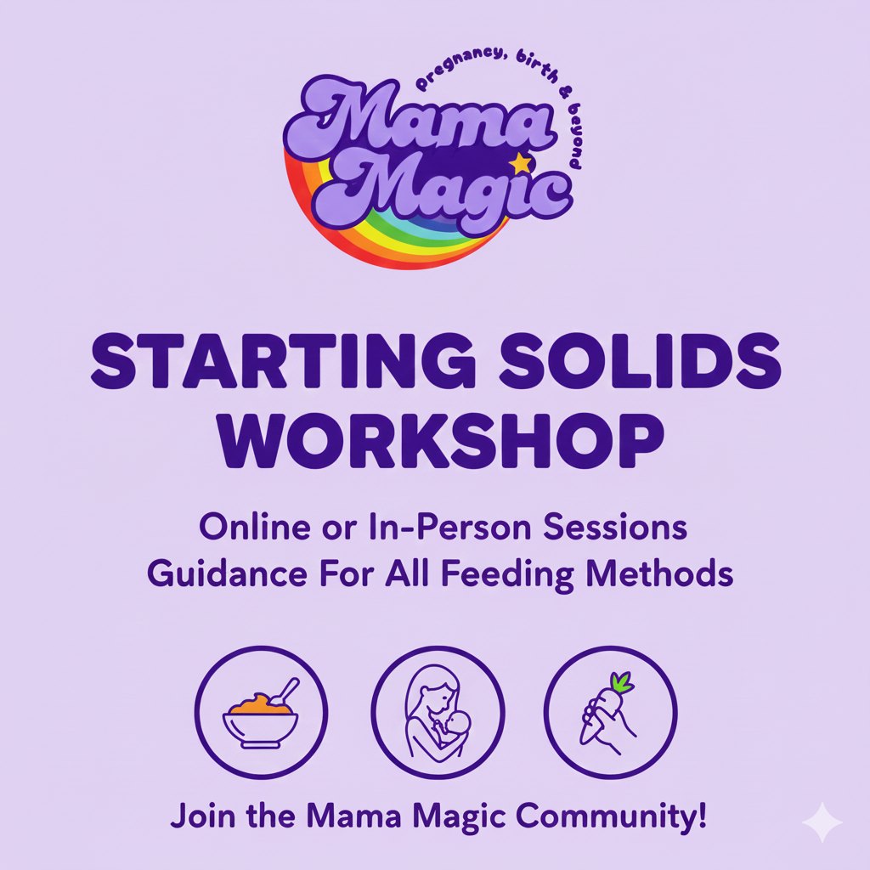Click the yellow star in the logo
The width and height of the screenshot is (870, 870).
point(520,162)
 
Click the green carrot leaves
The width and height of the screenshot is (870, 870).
point(624,681)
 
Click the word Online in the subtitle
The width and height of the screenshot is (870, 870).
point(240,528)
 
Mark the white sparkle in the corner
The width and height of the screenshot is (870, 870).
point(822,822)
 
